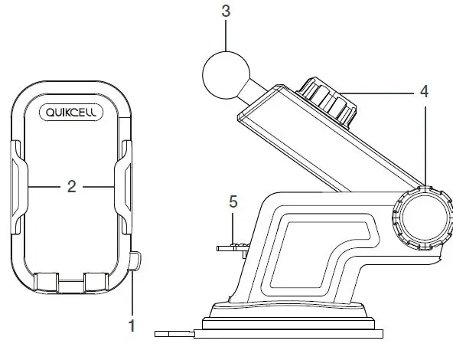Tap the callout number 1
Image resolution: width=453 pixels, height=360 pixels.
click(x=132, y=326)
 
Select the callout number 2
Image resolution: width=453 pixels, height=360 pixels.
click(x=71, y=186)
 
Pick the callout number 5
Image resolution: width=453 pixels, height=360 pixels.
click(x=233, y=202)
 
